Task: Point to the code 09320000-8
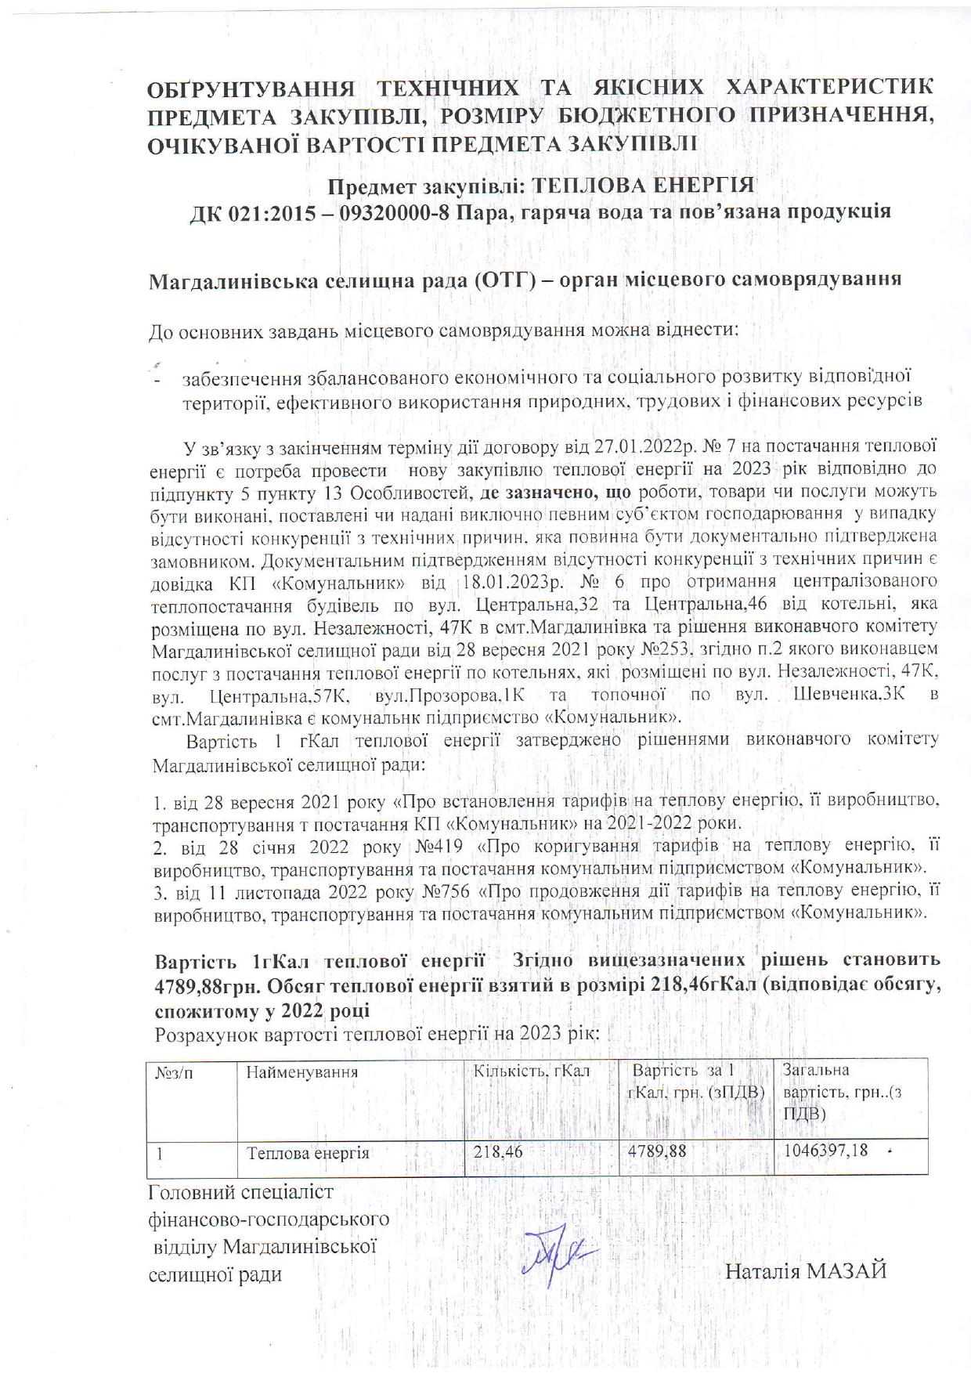pos(395,211)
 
